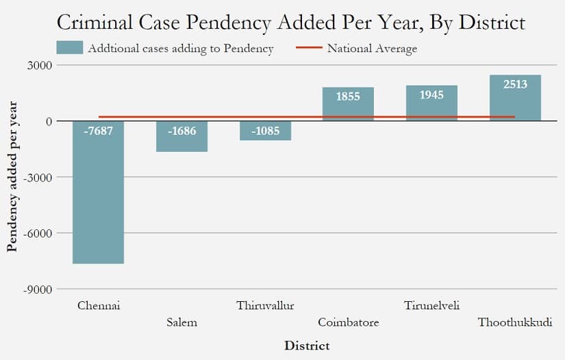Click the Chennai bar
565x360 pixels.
tap(99, 192)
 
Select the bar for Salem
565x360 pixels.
tap(182, 136)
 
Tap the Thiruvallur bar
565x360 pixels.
tap(266, 131)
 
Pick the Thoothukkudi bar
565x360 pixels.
tap(515, 98)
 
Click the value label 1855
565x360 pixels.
tap(348, 97)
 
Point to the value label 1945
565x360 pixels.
tap(431, 94)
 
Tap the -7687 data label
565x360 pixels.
tap(99, 131)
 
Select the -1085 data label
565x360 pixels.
tap(266, 131)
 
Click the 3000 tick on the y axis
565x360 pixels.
tap(40, 66)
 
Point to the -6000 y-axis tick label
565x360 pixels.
tap(38, 233)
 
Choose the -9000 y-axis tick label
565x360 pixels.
tap(38, 290)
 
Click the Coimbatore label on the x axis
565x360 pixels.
tap(349, 322)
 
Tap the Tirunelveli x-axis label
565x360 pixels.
tap(431, 306)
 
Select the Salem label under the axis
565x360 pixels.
tap(182, 322)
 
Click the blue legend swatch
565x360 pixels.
tap(70, 47)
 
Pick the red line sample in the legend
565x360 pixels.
tap(309, 47)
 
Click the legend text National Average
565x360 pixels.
tap(373, 48)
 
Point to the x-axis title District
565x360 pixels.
tap(307, 346)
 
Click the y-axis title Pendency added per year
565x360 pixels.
tap(12, 177)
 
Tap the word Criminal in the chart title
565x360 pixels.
tap(95, 23)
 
